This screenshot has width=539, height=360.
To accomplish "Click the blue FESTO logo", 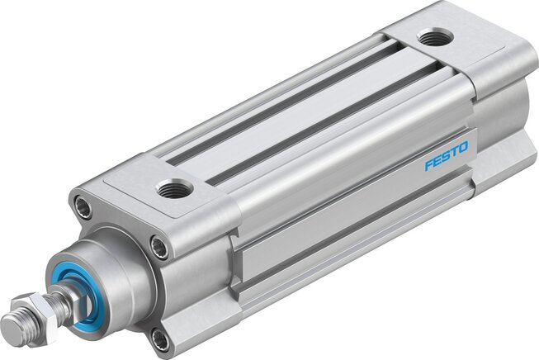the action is tap(447, 156).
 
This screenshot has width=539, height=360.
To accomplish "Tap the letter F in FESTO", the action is tap(428, 164).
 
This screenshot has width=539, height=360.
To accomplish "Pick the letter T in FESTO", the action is tap(454, 152).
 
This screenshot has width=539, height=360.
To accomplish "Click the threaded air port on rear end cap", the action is tap(435, 37).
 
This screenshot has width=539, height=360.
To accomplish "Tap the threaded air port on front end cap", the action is tap(174, 188).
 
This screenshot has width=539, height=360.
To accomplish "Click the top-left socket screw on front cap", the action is tap(83, 207).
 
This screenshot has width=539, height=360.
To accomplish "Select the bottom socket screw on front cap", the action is tap(159, 339).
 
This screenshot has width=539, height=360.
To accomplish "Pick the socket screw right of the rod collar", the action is tap(160, 247).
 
